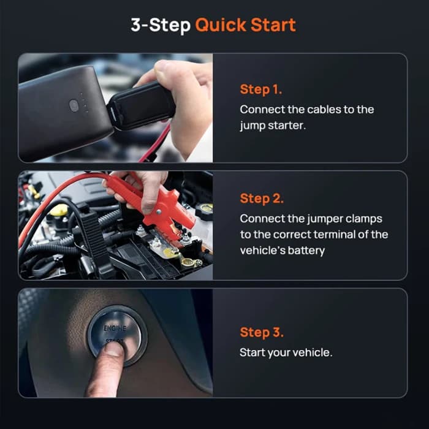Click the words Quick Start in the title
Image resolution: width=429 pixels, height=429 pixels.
(245, 25)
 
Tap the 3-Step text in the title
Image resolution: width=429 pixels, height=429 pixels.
(161, 25)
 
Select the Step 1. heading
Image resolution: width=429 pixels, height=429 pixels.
(260, 89)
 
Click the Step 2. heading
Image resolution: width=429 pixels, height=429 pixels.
(262, 199)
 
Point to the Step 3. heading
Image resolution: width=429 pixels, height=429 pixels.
(262, 333)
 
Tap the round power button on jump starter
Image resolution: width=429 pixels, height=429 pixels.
(74, 105)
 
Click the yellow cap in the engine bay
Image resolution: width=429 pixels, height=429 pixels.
(59, 210)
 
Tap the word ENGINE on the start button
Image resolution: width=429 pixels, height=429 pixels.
(115, 328)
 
